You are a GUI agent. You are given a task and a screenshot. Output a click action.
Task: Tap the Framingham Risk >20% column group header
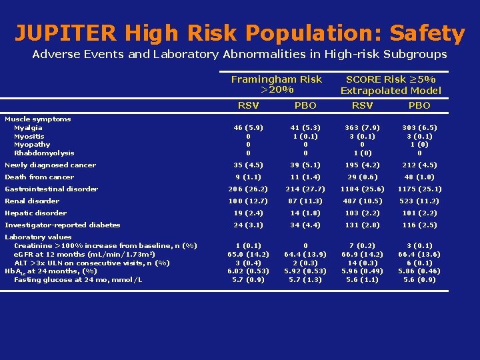276,84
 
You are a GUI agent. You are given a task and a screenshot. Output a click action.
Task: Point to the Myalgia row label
28,127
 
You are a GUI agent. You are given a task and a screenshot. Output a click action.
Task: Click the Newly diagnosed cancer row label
51,165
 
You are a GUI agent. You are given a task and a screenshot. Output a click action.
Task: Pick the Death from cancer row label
39,177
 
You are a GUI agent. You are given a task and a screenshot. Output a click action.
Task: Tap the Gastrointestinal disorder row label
51,189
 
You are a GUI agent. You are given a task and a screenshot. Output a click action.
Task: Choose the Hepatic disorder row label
36,213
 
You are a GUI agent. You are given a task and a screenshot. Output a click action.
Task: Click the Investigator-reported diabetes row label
63,225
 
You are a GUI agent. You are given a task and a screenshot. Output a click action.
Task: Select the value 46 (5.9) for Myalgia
248,127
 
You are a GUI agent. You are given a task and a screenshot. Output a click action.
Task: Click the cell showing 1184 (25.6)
362,189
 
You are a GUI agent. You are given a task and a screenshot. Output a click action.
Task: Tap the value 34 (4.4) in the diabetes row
305,225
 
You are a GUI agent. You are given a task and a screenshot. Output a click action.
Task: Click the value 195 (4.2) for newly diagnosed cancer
362,165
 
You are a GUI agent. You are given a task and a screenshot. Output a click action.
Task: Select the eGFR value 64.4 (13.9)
305,254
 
